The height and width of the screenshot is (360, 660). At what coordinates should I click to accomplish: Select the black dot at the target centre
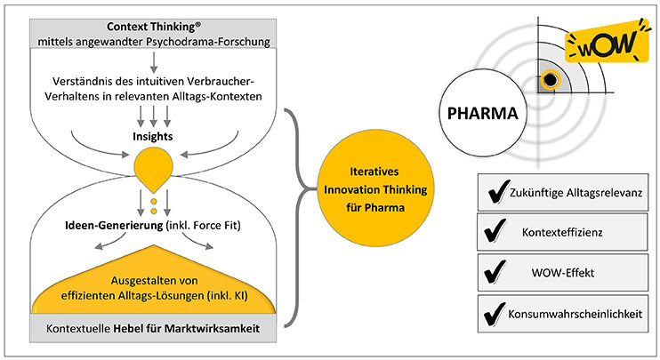coord(551,81)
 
